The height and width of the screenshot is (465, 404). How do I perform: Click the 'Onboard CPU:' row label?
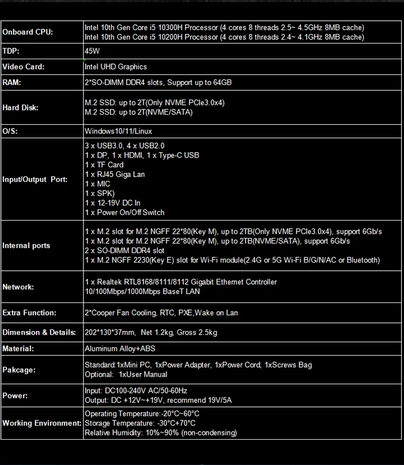point(27,32)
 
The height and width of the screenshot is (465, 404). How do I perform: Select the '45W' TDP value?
point(92,51)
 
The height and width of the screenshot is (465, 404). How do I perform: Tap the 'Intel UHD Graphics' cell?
point(115,67)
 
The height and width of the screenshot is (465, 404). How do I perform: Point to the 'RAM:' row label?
point(12,82)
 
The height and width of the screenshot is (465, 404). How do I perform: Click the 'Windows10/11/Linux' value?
point(118,131)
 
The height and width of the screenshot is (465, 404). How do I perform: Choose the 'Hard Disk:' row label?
point(20,108)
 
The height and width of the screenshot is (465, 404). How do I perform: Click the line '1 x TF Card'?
point(104,165)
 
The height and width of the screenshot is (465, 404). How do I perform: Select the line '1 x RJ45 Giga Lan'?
point(115,174)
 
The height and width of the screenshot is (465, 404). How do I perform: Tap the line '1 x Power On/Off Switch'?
point(124,213)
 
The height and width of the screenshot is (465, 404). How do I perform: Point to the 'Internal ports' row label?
point(26,245)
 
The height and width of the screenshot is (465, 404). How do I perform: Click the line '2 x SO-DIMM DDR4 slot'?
point(124,251)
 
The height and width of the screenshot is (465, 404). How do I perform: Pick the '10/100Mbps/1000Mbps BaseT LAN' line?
point(142,292)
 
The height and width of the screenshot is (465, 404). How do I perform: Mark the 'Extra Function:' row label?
point(29,313)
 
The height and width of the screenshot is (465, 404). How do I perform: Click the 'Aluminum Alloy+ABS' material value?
point(120,349)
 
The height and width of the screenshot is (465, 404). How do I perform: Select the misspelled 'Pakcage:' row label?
point(19,370)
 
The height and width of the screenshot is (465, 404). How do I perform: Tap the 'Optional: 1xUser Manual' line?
point(126,375)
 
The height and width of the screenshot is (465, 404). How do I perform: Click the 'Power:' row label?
point(15,396)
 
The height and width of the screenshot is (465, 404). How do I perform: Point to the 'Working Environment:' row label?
point(41,423)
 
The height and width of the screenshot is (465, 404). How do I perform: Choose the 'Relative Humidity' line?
point(161,433)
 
